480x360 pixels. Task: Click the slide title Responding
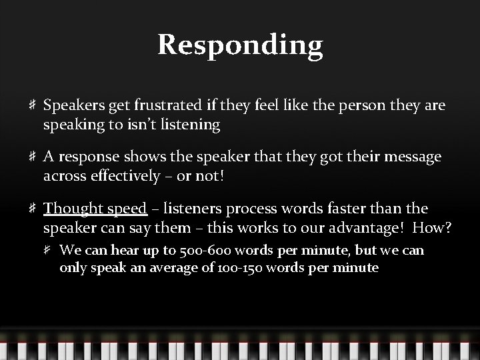coord(240,45)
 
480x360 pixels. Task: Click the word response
coord(88,157)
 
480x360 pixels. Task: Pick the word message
coord(411,157)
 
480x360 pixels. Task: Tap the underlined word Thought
coord(73,209)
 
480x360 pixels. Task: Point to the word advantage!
coord(368,227)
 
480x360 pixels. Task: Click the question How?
coord(432,227)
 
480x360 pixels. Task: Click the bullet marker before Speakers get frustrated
coord(32,105)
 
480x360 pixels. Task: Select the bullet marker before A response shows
coord(32,157)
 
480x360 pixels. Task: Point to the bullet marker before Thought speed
coord(32,209)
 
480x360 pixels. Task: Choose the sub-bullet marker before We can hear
coord(49,251)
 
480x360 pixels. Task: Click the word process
coord(248,209)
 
